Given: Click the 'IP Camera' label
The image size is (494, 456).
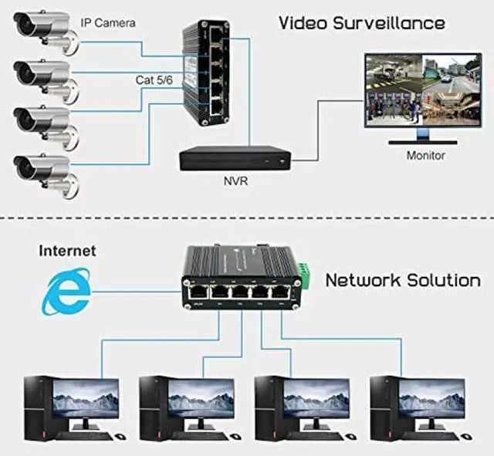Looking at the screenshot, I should [108, 23].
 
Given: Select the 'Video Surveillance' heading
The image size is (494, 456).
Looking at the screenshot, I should [361, 24].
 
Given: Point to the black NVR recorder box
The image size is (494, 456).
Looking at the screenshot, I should [234, 158].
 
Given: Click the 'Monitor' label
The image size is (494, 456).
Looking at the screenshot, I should [425, 155].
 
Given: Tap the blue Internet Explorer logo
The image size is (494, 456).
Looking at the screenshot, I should [66, 291].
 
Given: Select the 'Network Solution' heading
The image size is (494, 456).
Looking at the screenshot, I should [403, 279].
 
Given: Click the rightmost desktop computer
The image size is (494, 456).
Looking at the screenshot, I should [417, 404].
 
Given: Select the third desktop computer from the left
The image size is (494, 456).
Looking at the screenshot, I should [303, 404].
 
